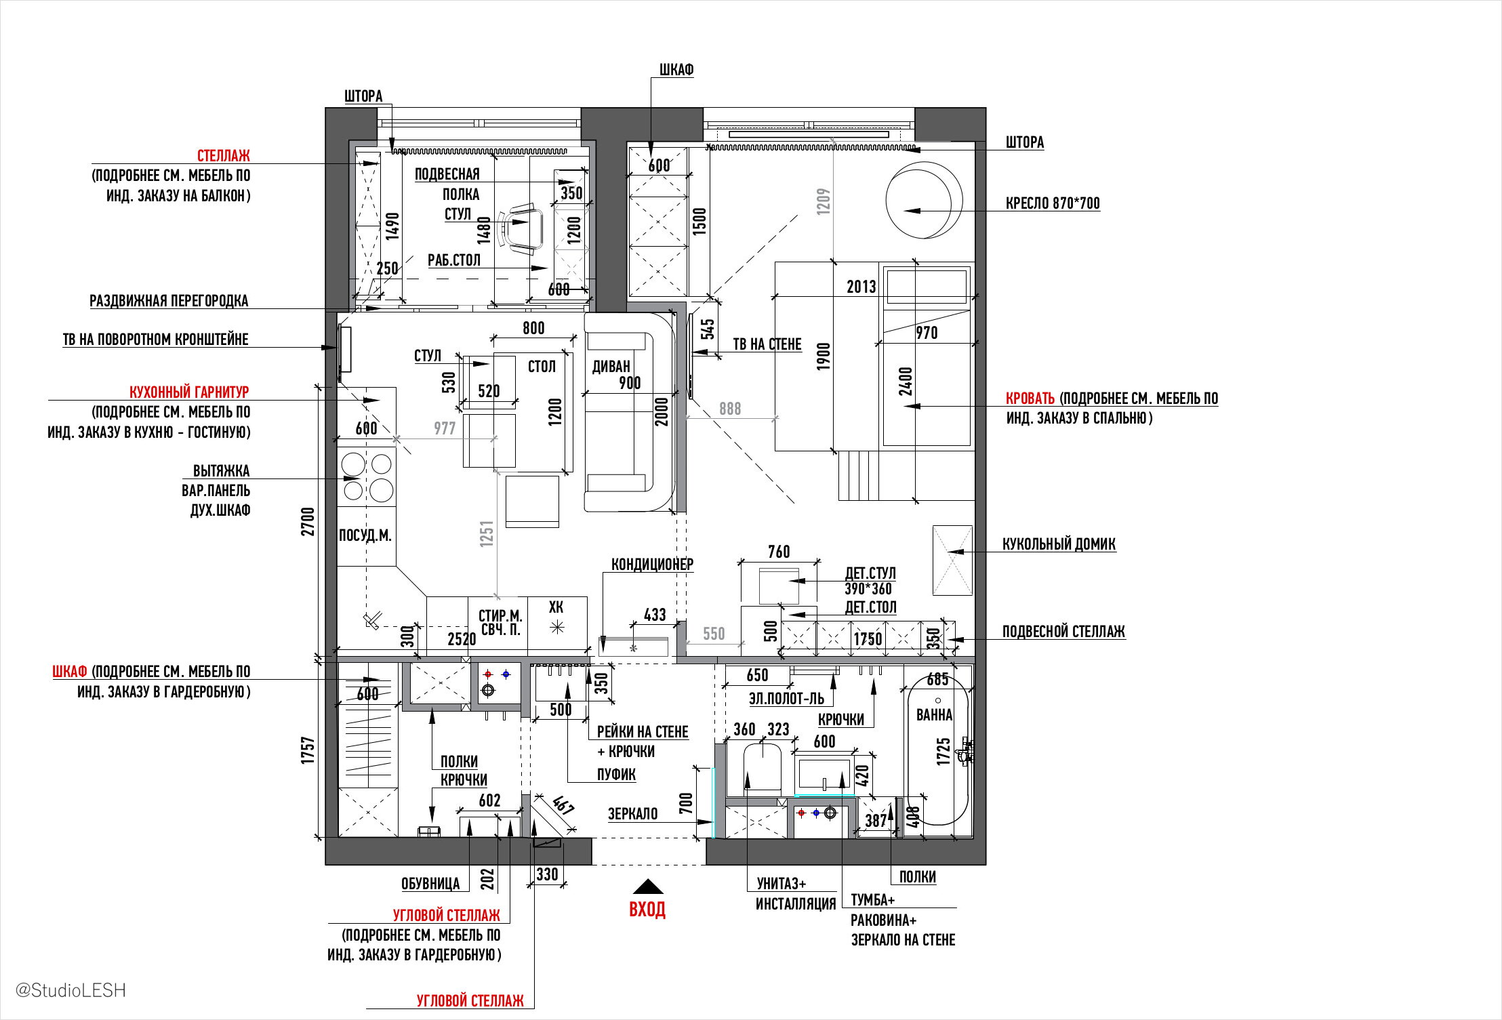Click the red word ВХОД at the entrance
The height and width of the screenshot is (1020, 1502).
(x=647, y=909)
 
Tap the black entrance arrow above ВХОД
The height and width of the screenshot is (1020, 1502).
(x=648, y=886)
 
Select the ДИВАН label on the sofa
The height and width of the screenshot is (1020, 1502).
(x=611, y=367)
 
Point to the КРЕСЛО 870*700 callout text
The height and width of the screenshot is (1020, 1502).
(x=1053, y=203)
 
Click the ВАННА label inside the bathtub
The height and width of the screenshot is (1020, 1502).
(x=934, y=714)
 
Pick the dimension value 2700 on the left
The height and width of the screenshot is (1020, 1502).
(x=308, y=522)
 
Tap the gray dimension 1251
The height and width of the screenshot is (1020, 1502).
(x=486, y=534)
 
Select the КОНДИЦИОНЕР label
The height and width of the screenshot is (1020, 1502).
(x=652, y=564)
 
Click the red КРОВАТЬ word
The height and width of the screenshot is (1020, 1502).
(x=1030, y=398)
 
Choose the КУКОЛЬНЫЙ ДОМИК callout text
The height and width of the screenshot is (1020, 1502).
(x=1059, y=544)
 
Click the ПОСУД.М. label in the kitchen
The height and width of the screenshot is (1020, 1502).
(x=365, y=535)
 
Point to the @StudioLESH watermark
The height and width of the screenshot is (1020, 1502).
(x=70, y=990)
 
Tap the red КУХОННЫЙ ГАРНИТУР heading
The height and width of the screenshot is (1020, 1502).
(x=189, y=392)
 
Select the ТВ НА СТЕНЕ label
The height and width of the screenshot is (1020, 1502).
(x=767, y=344)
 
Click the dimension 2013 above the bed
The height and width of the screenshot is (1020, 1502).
(x=861, y=287)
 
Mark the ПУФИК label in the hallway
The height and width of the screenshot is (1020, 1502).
(x=616, y=774)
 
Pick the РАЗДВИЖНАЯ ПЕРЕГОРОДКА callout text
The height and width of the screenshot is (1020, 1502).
(x=169, y=300)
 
